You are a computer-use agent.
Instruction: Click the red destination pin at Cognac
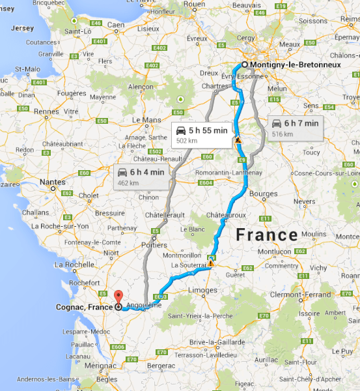click(118, 297)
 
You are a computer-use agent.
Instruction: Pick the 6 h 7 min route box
click(296, 127)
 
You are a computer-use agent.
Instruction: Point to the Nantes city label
click(51, 183)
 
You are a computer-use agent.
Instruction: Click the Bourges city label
click(263, 194)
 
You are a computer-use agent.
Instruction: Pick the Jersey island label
click(21, 29)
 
